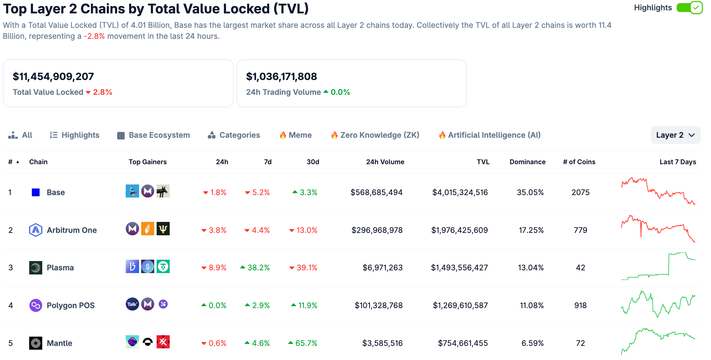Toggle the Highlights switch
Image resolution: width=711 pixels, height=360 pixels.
point(689,8)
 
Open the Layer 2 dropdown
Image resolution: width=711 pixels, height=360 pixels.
point(675,135)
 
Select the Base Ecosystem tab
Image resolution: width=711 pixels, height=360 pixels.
point(154,135)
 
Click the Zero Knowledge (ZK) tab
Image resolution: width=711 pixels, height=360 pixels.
point(375,135)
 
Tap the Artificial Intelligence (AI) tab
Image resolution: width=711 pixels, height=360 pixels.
point(490,135)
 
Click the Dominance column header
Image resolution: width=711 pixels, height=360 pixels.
point(527,162)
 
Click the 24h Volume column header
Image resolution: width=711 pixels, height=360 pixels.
point(385,162)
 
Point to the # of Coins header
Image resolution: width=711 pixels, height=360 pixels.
point(579,162)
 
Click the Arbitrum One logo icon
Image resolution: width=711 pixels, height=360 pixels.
point(36,230)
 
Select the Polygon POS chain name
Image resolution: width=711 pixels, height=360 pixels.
point(70,305)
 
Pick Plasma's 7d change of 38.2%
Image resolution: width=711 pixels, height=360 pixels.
point(258,268)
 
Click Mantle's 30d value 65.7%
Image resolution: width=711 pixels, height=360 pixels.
point(306,343)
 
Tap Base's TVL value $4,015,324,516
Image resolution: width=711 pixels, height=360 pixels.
point(460,192)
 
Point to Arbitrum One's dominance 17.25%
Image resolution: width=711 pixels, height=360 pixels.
point(531,230)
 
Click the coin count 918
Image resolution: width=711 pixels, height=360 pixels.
point(580,305)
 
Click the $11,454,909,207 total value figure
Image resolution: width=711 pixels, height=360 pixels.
point(53,76)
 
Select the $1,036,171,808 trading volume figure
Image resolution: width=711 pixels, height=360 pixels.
point(281,76)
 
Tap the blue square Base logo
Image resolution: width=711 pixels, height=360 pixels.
point(36,192)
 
